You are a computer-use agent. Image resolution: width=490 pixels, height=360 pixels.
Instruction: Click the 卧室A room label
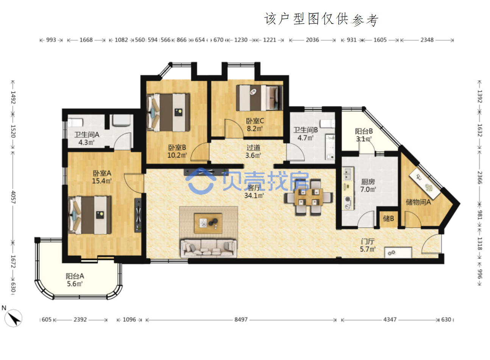click(x=102, y=173)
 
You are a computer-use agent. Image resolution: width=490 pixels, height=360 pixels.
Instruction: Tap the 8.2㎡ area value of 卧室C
click(x=255, y=128)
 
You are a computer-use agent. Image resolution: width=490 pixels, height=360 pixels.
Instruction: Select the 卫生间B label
click(x=305, y=130)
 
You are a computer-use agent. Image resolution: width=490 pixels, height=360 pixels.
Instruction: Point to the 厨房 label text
click(x=368, y=182)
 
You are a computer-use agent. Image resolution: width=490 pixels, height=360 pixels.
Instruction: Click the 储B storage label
click(x=389, y=218)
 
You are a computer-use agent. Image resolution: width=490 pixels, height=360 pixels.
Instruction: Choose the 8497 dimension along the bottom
click(x=241, y=320)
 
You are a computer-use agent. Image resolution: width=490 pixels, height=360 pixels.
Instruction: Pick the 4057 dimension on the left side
click(x=13, y=197)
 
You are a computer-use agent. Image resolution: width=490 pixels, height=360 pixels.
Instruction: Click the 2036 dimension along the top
click(x=312, y=40)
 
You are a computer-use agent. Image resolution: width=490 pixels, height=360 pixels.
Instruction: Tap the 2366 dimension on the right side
click(x=479, y=178)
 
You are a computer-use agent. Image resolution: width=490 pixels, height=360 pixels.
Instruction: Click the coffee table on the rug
click(x=208, y=223)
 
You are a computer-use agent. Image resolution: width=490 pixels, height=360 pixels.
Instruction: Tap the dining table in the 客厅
click(x=309, y=197)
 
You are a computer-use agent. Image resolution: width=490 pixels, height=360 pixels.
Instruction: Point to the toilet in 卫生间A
click(x=75, y=122)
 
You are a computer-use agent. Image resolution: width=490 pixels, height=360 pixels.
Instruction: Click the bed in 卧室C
click(x=259, y=98)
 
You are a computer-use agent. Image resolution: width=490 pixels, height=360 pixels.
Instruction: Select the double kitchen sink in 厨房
click(x=347, y=174)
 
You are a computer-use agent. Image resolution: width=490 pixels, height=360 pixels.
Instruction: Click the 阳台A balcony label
click(x=75, y=276)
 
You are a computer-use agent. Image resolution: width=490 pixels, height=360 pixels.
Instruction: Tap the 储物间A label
click(x=418, y=202)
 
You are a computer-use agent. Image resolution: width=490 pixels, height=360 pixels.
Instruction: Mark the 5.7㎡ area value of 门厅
click(x=368, y=249)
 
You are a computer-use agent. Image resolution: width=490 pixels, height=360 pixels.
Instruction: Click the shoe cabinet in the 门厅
click(x=398, y=252)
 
